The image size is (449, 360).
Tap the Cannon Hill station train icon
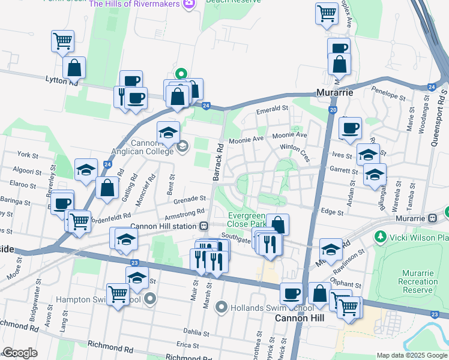[204, 226]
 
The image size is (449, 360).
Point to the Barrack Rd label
[218, 162]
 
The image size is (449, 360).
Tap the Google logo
[20, 353]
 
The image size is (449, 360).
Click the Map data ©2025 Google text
[411, 355]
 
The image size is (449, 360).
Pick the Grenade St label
[190, 197]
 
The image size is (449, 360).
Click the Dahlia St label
[196, 331]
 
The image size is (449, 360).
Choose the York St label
[28, 155]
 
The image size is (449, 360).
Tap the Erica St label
[187, 345]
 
